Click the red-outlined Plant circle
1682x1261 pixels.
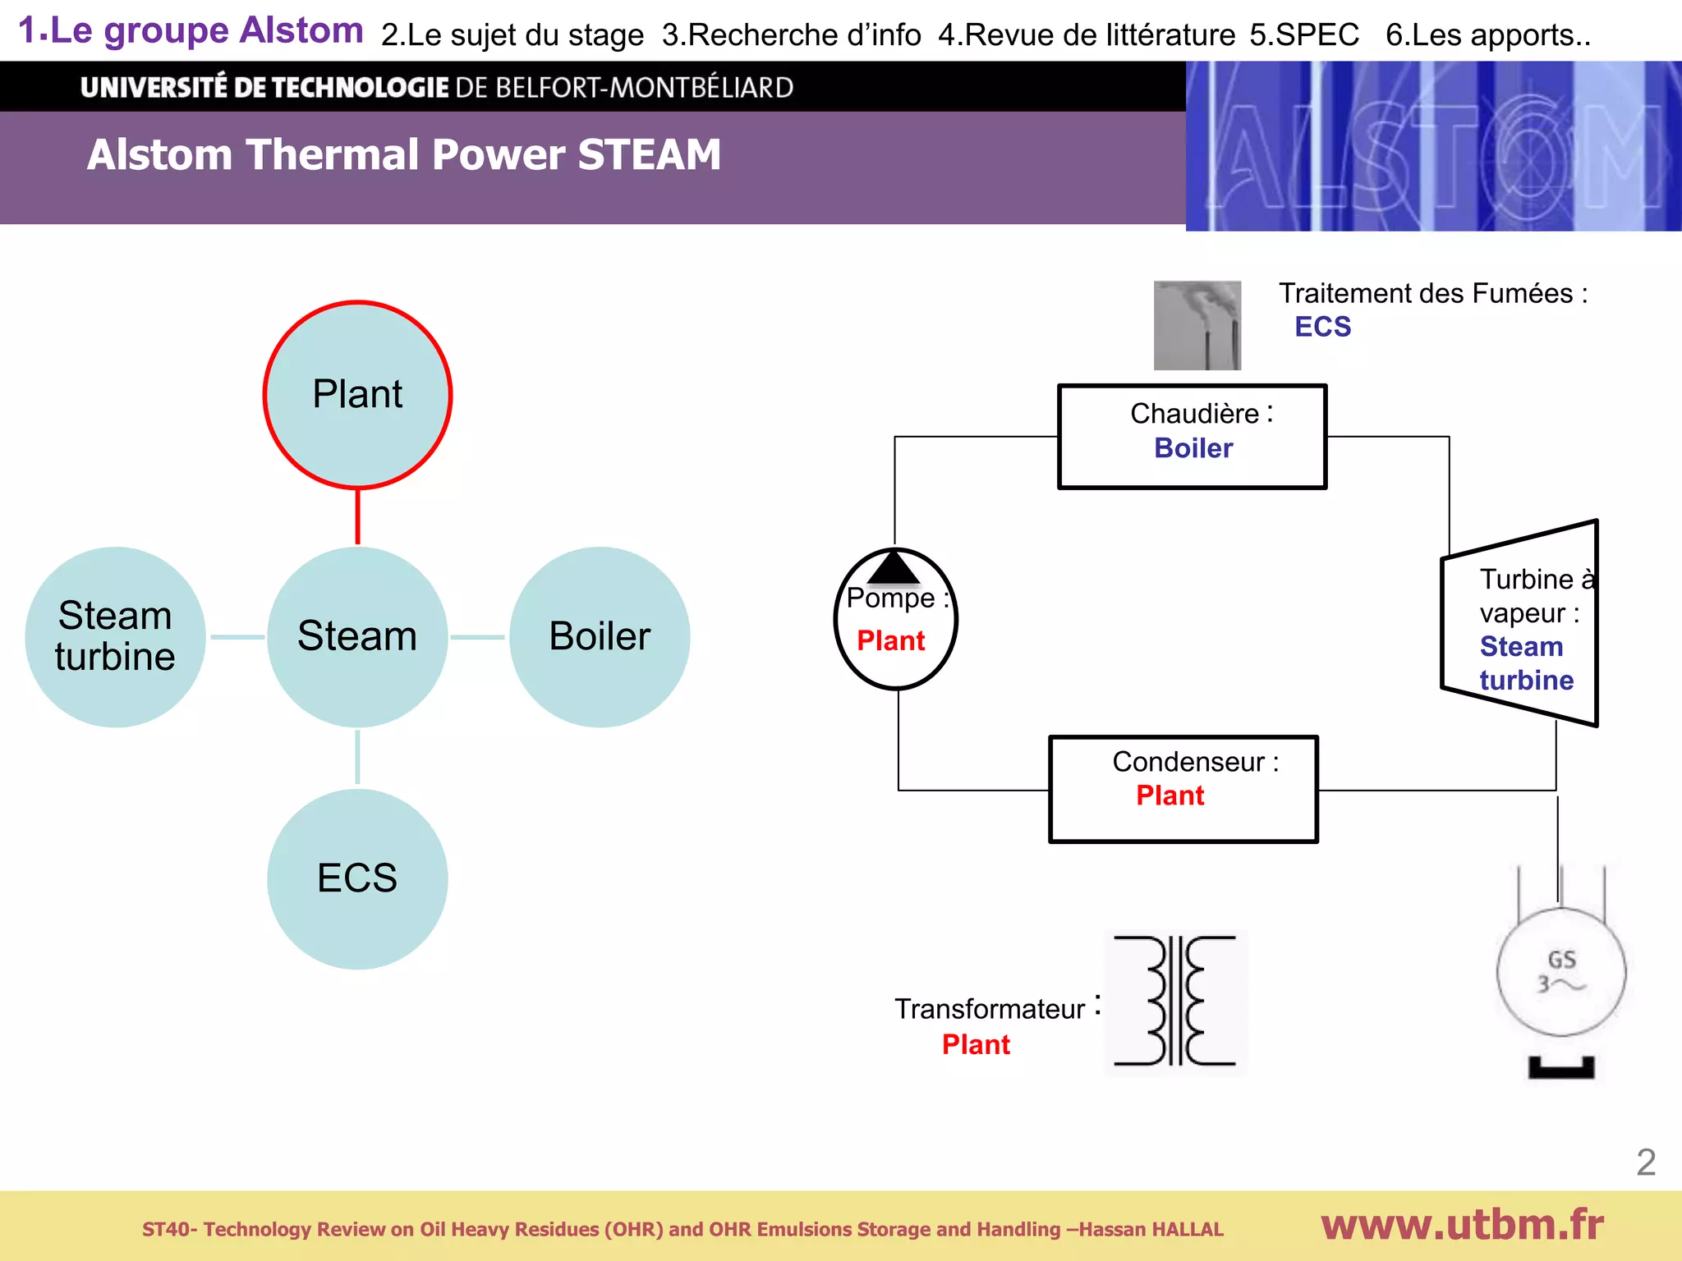point(357,395)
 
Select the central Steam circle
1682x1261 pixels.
point(357,636)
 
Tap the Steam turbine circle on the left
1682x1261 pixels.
point(115,636)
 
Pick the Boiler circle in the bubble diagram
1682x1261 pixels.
point(600,636)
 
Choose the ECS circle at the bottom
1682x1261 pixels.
point(357,878)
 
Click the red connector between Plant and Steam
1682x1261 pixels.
point(357,516)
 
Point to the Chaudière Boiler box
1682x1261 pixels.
point(1192,437)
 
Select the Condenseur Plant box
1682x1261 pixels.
point(1183,789)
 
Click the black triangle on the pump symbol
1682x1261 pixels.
point(894,568)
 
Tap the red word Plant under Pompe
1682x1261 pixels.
point(891,640)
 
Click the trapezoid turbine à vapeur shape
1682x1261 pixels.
point(1519,624)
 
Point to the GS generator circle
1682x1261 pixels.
point(1560,972)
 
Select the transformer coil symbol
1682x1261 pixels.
point(1175,1002)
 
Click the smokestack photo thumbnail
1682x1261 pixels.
point(1197,325)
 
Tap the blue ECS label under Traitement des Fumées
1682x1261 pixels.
point(1322,327)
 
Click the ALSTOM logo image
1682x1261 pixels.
point(1433,146)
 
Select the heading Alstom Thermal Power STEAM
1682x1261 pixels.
point(404,154)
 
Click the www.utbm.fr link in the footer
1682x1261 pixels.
point(1462,1225)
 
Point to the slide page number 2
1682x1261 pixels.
point(1645,1162)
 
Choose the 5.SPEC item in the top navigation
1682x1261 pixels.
point(1304,34)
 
